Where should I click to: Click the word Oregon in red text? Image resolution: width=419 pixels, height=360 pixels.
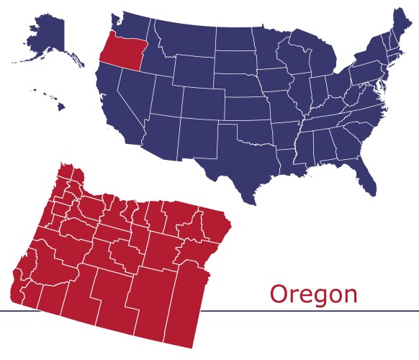coord(313,294)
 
